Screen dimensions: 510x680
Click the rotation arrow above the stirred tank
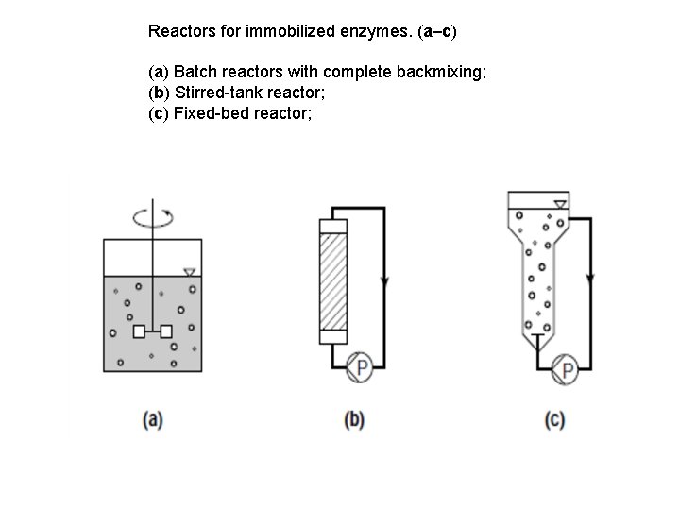152,217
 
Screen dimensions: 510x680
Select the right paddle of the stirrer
166,331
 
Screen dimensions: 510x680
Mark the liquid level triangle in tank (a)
190,272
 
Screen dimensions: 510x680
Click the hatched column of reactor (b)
334,280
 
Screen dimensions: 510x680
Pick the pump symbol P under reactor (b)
359,368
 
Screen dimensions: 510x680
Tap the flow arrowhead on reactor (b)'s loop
383,281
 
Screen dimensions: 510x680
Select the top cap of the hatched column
334,227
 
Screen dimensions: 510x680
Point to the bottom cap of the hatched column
334,336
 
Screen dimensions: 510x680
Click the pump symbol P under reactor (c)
566,369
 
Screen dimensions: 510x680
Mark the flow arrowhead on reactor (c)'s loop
590,280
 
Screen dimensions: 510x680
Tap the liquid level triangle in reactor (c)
560,204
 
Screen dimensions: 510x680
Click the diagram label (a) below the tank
152,420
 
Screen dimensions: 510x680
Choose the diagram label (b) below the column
354,420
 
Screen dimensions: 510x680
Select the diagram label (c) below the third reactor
554,420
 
